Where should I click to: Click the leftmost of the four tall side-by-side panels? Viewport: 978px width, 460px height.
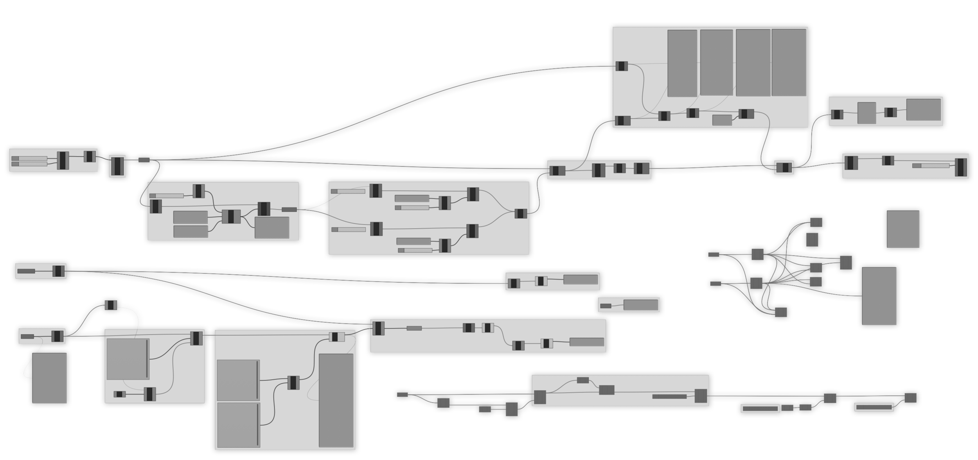pos(682,63)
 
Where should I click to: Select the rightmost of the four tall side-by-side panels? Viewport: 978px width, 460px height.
pos(788,62)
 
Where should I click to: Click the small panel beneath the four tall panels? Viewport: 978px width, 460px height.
pos(722,120)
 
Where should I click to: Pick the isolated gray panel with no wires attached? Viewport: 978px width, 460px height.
pos(902,229)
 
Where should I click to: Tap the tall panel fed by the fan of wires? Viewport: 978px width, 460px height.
pos(879,295)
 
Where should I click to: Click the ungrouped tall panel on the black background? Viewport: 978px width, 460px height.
pos(49,378)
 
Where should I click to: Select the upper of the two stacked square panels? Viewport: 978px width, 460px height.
pos(238,380)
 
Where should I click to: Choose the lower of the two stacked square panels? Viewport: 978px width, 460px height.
pos(238,425)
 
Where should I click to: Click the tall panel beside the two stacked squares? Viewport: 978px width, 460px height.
pos(336,400)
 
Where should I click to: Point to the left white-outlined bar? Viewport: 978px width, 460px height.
pos(760,408)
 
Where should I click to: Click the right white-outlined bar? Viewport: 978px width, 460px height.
pos(874,407)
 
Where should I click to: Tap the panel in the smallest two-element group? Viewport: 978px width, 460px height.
pos(640,305)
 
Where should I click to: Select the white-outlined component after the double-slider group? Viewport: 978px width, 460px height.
pos(117,166)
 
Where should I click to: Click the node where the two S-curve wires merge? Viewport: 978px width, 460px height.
pos(521,213)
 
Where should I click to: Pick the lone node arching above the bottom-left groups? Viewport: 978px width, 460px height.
pos(111,305)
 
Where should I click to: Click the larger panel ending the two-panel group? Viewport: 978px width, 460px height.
pos(923,109)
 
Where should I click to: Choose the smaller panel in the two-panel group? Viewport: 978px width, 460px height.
pos(866,113)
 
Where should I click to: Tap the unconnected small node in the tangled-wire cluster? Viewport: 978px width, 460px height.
pos(812,239)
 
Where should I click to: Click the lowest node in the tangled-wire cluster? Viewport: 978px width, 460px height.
pos(781,312)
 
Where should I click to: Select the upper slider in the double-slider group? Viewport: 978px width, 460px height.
pos(29,158)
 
